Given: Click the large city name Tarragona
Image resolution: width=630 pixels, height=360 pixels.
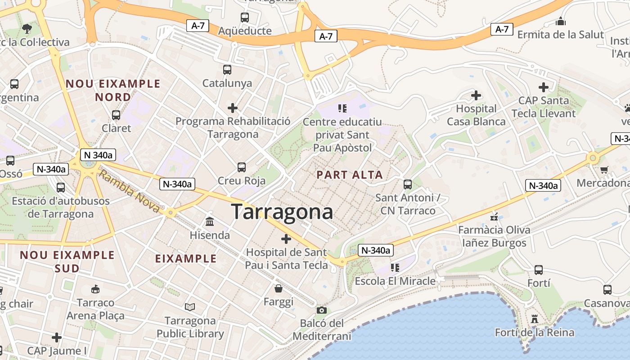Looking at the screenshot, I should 282,212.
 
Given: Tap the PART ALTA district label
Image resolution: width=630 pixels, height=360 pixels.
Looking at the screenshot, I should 350,175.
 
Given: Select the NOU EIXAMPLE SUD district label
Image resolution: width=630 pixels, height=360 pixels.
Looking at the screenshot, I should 67,261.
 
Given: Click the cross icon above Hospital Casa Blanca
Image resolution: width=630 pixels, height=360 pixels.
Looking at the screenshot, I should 476,95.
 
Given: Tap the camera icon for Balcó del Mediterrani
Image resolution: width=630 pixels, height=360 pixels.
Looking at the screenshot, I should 321,310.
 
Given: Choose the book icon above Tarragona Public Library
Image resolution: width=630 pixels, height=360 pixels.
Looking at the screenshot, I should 190,307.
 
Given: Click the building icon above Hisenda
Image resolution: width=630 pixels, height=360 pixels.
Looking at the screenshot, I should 210,222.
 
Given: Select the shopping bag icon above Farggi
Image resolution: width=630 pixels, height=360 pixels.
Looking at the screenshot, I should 279,288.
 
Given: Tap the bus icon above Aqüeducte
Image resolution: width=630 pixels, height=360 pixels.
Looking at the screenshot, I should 245,18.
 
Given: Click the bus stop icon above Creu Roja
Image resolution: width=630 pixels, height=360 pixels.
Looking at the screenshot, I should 242,167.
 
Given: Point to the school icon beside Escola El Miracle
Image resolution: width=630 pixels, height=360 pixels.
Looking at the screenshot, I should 395,268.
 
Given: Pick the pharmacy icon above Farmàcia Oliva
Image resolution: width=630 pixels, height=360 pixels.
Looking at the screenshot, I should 495,217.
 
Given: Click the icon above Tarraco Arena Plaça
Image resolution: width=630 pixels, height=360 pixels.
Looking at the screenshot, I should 95,289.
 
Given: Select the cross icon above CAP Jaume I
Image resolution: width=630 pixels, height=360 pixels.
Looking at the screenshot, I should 57,337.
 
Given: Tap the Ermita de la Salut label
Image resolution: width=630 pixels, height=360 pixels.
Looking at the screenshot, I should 560,35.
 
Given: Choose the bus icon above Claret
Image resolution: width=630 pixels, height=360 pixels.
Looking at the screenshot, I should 116,115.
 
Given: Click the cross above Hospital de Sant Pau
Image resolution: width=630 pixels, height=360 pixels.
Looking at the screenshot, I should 286,239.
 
